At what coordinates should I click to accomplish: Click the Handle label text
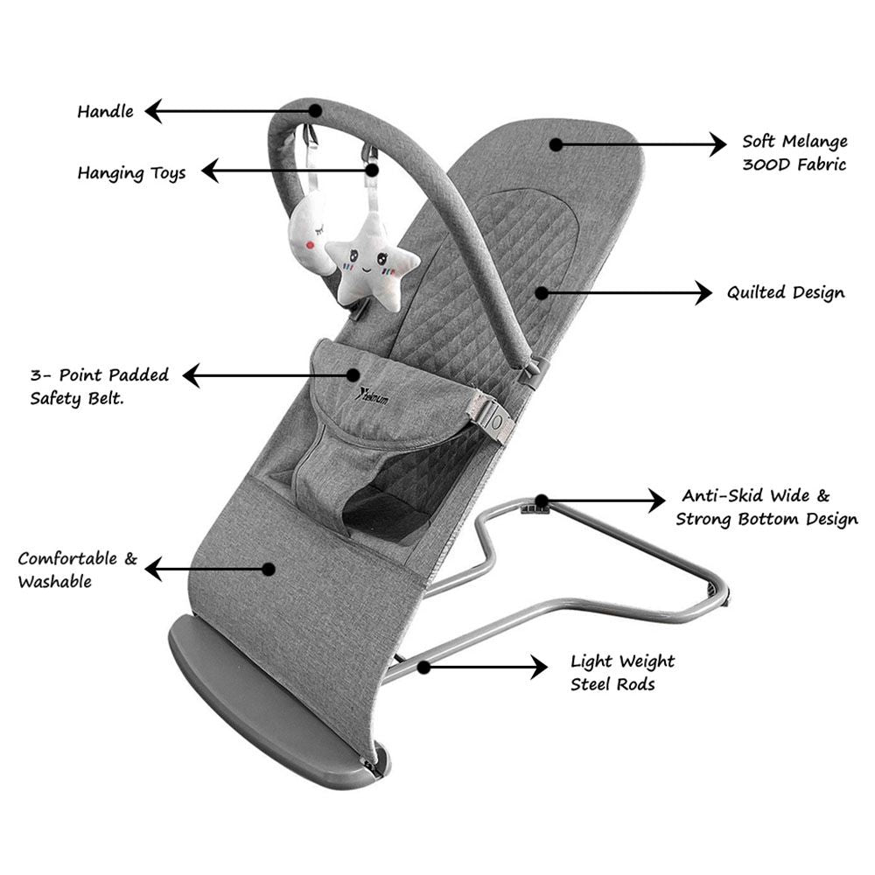tap(105, 112)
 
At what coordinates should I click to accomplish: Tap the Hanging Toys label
tap(131, 172)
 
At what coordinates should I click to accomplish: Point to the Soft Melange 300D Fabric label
tap(794, 152)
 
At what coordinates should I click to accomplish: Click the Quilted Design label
tap(786, 293)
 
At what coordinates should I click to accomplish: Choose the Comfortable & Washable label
tap(77, 570)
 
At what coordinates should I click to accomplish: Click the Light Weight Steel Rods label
tap(622, 673)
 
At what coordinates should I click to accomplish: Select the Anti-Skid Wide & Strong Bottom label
tap(766, 508)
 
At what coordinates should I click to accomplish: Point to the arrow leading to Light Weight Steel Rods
tap(486, 668)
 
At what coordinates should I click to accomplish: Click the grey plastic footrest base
tap(262, 691)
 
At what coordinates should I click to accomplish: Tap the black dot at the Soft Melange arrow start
tap(555, 143)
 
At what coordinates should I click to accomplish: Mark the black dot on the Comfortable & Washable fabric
tap(269, 569)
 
